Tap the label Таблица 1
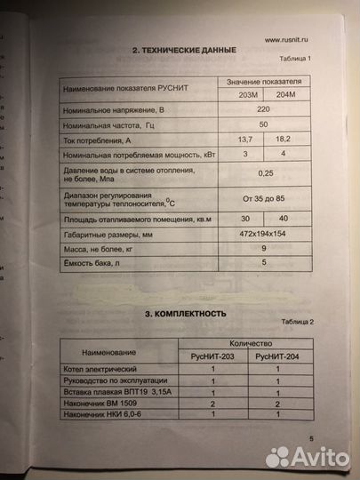297,60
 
